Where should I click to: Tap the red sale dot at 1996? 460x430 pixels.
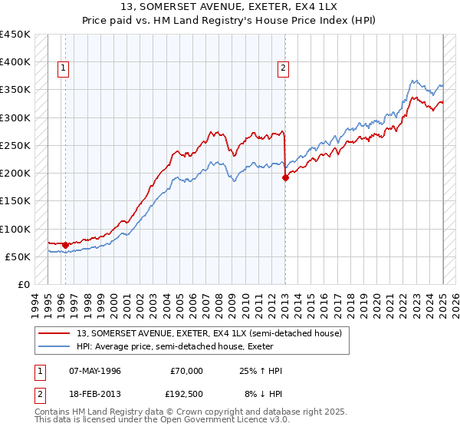[65, 245]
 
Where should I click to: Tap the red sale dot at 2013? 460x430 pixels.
[285, 177]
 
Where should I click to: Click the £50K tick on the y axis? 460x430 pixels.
[18, 256]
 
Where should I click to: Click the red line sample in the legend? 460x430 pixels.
[54, 332]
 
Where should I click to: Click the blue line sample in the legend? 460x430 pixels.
[54, 346]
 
